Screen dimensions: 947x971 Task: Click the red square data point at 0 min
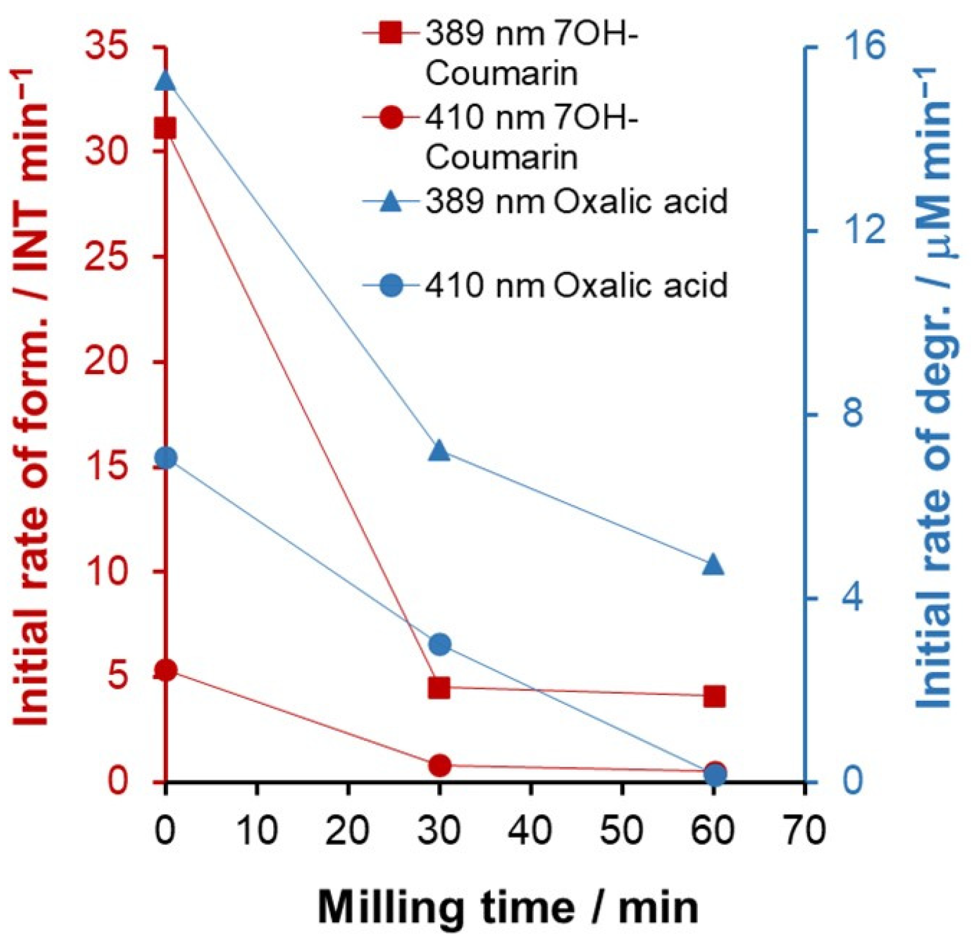click(x=165, y=129)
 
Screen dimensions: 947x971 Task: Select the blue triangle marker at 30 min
click(x=440, y=450)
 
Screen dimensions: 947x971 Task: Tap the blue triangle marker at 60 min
click(x=713, y=564)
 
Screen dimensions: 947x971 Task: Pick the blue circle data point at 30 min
click(x=440, y=644)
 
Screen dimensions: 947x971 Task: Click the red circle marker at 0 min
click(x=166, y=670)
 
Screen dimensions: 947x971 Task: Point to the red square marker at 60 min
click(x=714, y=697)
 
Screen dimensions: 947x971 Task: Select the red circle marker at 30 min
click(x=440, y=765)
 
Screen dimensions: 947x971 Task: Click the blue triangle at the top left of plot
click(x=165, y=80)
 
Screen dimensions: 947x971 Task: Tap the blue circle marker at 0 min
click(x=166, y=459)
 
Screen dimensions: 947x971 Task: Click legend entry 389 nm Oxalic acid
click(x=576, y=201)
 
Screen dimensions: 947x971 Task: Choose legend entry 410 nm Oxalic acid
click(x=576, y=285)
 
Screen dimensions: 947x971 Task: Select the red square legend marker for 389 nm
click(x=391, y=32)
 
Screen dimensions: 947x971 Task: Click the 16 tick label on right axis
click(x=863, y=47)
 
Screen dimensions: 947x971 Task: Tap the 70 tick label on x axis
click(x=805, y=831)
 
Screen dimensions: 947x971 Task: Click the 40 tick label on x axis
click(x=531, y=831)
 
